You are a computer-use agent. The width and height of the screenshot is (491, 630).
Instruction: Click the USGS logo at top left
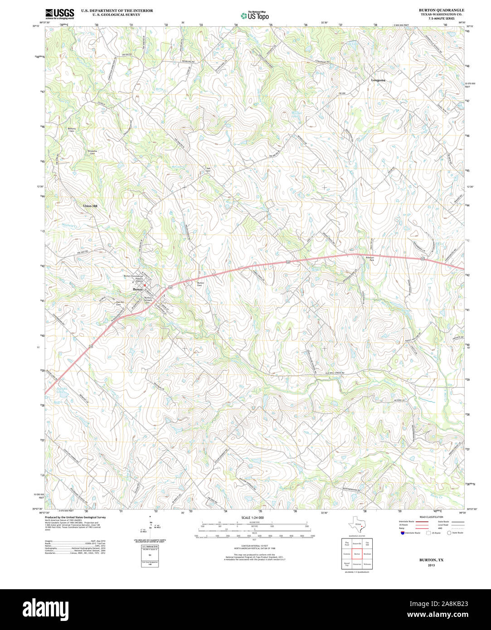pos(60,13)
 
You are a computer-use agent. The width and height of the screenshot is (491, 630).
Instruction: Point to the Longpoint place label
pos(378,80)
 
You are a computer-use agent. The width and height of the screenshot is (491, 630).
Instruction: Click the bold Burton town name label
pos(138,289)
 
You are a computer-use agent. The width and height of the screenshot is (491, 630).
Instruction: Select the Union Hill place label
pos(90,206)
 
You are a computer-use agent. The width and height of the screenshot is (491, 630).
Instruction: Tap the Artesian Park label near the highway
pos(369,259)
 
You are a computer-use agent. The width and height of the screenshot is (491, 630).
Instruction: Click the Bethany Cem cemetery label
pos(72,130)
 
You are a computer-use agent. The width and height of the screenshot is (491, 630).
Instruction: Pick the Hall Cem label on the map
pos(208,170)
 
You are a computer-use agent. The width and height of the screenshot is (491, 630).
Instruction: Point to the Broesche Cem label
pos(92,152)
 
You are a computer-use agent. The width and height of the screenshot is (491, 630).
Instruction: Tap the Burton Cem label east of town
pos(200,284)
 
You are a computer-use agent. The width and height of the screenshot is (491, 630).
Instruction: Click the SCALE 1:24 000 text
pos(253,518)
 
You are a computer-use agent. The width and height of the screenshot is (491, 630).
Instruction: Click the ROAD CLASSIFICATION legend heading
pos(431,517)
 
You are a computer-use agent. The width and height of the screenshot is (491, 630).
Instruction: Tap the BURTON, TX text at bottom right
pos(431,560)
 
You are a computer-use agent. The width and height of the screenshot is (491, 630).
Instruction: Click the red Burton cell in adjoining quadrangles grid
pos(357,554)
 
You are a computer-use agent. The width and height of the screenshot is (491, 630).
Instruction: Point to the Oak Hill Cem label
pos(120,303)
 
